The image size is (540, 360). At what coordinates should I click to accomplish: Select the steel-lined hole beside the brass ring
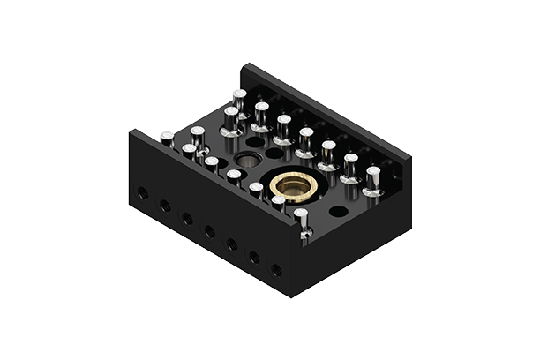point(245,161)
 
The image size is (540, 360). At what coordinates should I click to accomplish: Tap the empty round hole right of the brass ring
point(338,212)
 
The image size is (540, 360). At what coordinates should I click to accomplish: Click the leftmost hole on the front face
point(142,192)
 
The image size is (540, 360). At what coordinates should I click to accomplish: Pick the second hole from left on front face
point(164,206)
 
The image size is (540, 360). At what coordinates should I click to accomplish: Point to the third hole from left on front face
point(187,218)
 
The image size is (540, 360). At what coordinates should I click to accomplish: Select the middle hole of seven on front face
point(209,231)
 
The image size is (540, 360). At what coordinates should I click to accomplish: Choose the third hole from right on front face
point(232,244)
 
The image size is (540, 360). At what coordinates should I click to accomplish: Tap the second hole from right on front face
point(254,257)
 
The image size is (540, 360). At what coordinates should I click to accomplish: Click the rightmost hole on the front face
point(276,270)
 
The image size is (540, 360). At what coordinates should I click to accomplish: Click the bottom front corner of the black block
point(290,297)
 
